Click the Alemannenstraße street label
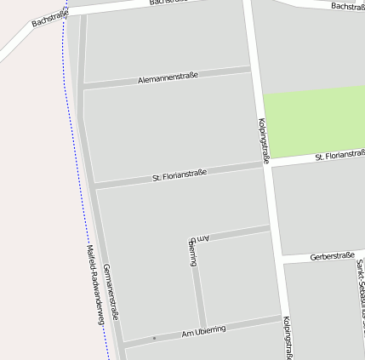pos(168,77)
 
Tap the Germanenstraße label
pos(111,292)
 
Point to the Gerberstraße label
pos(332,255)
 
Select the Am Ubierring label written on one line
pos(204,330)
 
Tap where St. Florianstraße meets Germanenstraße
pos(94,184)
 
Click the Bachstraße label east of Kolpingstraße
pos(347,6)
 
